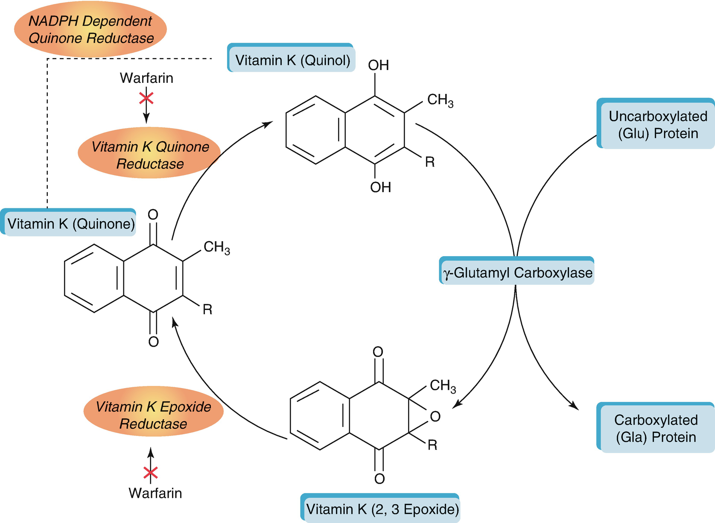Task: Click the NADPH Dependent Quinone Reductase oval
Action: coord(90,29)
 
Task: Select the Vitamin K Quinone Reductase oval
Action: coord(149,155)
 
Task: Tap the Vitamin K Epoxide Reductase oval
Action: coord(153,415)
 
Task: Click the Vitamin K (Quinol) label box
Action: coord(292,60)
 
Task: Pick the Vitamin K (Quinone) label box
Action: coord(70,224)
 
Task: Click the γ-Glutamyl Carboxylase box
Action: coord(517,272)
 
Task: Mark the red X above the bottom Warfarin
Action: coord(150,473)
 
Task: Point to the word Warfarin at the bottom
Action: coord(155,493)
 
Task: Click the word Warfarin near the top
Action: coord(146,78)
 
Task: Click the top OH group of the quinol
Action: coord(378,65)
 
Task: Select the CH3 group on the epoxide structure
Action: coord(442,386)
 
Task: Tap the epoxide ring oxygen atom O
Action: coord(435,416)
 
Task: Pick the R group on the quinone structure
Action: coord(207,310)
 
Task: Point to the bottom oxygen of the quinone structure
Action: coord(153,342)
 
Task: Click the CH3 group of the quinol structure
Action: coord(440,100)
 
